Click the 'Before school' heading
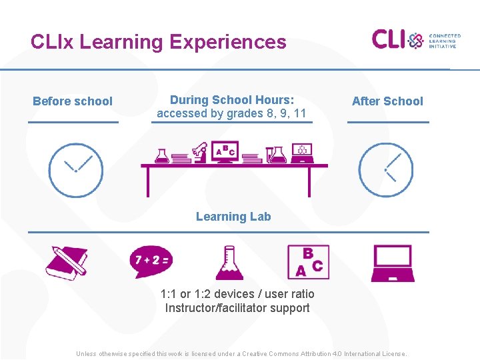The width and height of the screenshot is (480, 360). tap(73, 101)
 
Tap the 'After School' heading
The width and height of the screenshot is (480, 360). tap(387, 101)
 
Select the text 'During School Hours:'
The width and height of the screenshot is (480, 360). tap(231, 100)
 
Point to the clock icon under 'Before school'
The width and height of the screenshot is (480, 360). tap(75, 170)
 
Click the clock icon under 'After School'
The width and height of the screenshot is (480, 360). tap(385, 170)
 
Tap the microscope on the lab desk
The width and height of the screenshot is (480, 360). tap(199, 152)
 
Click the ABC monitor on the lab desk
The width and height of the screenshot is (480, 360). tap(225, 152)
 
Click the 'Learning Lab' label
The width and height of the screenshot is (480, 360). tap(233, 217)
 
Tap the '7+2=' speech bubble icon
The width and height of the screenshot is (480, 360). tap(150, 261)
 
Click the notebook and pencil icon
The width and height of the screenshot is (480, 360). tap(67, 263)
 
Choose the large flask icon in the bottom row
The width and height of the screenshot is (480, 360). tap(229, 263)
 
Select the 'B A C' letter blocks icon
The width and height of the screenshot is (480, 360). tap(307, 262)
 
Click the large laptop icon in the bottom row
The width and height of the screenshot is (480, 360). tap(392, 263)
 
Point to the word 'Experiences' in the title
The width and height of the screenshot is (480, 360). tap(227, 42)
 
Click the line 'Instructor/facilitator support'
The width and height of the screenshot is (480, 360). tap(237, 308)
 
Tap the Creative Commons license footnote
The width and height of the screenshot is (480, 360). tap(241, 353)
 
